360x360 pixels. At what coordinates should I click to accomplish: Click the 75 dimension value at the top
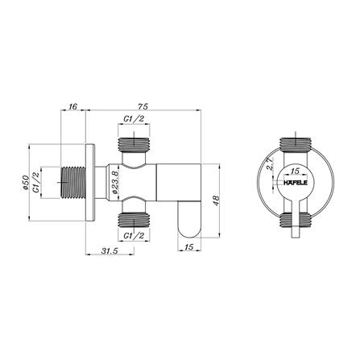point(143,106)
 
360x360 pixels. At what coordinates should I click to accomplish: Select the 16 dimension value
point(72,106)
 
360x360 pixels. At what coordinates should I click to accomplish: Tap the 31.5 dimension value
point(110,251)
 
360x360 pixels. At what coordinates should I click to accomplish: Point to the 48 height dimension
point(217,201)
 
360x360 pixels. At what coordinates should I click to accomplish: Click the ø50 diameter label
point(26,183)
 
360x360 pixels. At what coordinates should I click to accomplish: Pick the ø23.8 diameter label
point(114,182)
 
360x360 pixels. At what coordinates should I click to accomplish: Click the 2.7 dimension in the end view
point(270,163)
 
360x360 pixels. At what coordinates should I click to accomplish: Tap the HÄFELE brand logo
point(296,183)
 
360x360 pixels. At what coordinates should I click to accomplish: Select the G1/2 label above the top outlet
point(134,119)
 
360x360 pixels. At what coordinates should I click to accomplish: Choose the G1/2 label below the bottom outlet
point(134,236)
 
